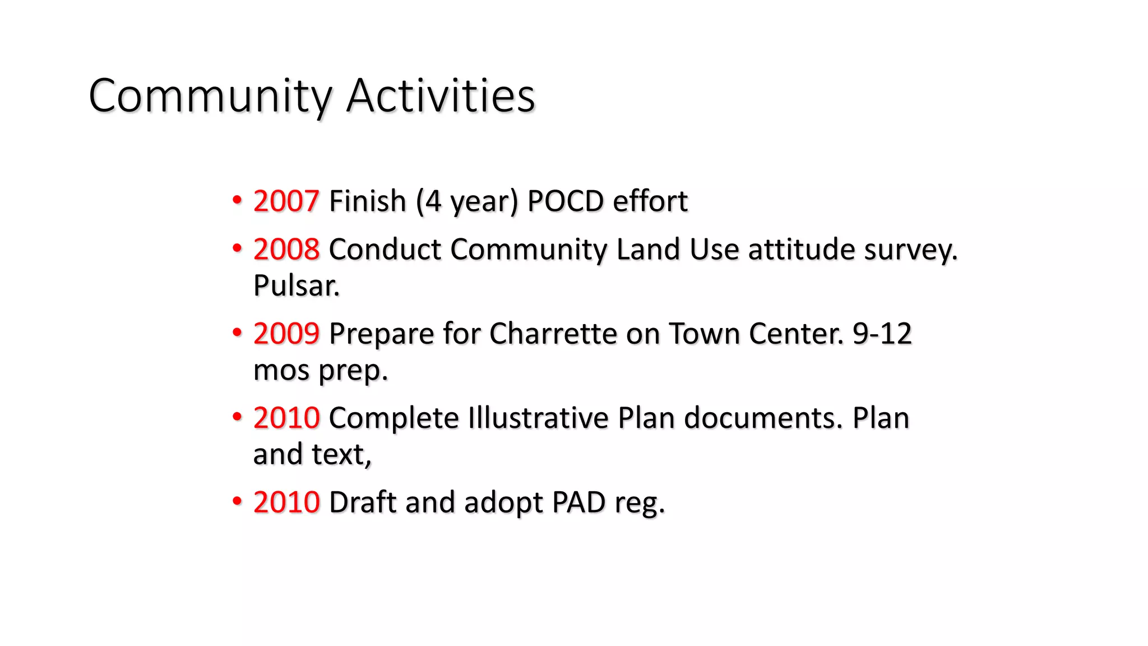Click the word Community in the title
[x=210, y=96]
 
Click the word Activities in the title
[x=441, y=96]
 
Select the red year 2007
[x=286, y=201]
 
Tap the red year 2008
[x=286, y=249]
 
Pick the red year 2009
[x=286, y=334]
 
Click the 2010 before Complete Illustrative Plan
[x=286, y=418]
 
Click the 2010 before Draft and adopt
[x=286, y=502]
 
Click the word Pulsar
[x=296, y=285]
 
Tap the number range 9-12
[x=882, y=334]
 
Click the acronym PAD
[x=578, y=502]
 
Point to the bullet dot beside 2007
[x=237, y=200]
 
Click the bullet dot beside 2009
[x=237, y=333]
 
